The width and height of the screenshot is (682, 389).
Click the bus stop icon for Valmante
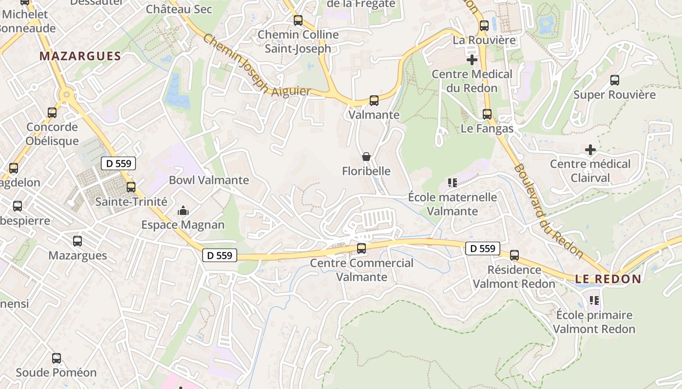374,101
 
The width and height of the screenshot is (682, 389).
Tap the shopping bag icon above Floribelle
366,157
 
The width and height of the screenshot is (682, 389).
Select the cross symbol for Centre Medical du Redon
472,60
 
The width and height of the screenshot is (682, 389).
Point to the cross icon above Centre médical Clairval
590,150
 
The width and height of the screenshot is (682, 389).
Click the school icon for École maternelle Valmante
452,183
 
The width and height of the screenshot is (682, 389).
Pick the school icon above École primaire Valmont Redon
594,301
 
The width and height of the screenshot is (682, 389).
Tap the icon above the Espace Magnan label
183,211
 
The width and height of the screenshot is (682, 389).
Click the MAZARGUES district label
80,56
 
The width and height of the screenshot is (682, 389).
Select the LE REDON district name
608,279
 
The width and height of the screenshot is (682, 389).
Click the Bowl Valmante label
208,180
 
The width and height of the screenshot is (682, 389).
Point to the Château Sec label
179,9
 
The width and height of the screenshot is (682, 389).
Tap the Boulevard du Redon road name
548,210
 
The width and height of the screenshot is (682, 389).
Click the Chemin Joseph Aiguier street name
256,66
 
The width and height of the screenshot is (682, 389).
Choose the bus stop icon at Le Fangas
487,114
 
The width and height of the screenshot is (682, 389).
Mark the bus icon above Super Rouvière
614,80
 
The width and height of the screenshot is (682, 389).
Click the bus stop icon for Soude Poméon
57,358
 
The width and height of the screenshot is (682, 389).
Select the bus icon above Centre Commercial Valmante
361,248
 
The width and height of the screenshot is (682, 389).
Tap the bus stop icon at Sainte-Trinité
131,187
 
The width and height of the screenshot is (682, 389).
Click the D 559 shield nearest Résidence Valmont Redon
483,248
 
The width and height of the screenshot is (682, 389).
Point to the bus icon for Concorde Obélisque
52,113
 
